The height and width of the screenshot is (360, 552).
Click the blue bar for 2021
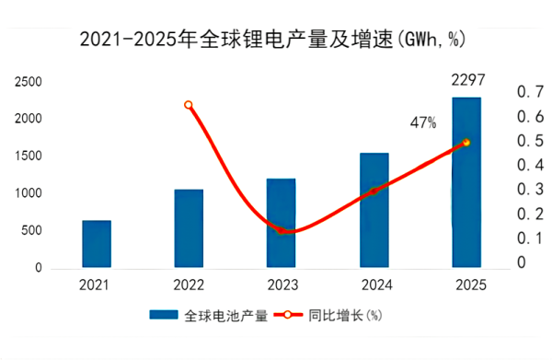[x=97, y=244]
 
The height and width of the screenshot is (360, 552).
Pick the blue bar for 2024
[x=374, y=210]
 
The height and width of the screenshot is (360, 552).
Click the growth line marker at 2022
[x=189, y=105]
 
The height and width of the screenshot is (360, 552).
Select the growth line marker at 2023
[x=282, y=230]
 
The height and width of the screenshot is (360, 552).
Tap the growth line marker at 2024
[x=374, y=191]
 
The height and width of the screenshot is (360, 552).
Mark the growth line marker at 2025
[x=466, y=143]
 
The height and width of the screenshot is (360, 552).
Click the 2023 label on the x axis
[x=281, y=286]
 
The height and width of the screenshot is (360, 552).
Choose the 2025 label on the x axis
[x=466, y=286]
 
